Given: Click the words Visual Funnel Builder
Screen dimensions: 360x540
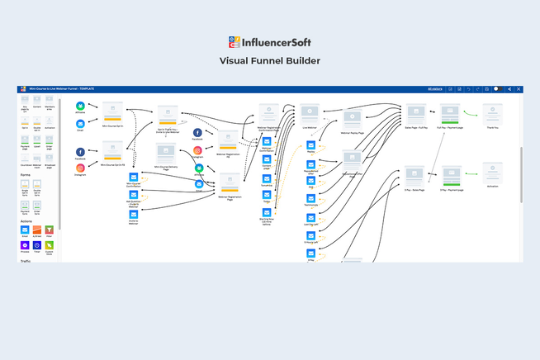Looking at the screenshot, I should [270, 61].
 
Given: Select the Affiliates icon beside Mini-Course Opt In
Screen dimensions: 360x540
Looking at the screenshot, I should [80, 107].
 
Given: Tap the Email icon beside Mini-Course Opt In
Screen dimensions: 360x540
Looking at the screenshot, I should [80, 124].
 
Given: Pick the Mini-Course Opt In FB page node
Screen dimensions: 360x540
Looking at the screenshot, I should [112, 151].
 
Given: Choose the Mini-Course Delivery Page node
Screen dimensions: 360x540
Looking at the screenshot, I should [168, 153].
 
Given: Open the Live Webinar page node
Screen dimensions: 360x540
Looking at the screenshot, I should [310, 112].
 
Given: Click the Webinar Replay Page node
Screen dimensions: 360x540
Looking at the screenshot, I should [352, 120].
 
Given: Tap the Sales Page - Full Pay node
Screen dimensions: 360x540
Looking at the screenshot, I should [415, 112].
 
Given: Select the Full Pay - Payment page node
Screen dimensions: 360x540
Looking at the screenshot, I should [450, 113].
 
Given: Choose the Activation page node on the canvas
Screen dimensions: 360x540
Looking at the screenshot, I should [492, 171].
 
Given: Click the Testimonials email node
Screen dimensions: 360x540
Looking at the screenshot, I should [311, 203].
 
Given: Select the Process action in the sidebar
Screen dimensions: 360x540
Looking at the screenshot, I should [24, 245].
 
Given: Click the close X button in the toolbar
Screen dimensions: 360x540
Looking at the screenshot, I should [519, 88].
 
